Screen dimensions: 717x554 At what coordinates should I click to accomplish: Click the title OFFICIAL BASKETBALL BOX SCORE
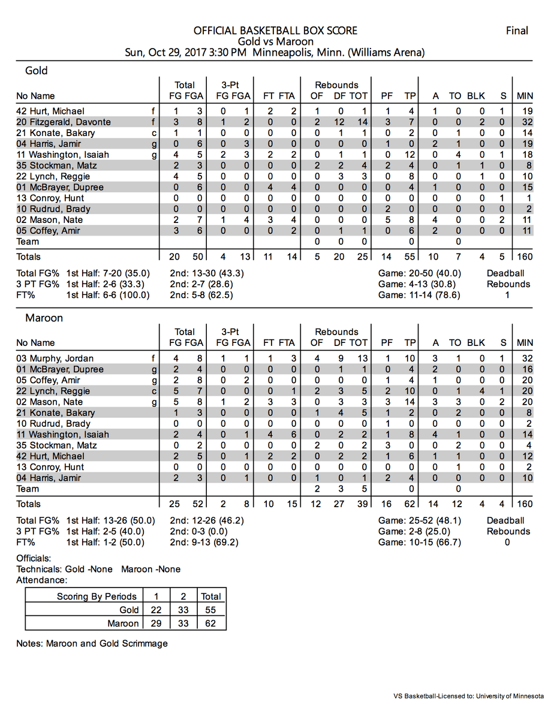coord(275,31)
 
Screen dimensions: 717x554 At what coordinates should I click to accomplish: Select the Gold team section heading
coord(36,71)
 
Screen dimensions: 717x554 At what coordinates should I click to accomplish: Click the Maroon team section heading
coord(44,318)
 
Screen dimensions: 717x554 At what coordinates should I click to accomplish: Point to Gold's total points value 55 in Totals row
coord(410,257)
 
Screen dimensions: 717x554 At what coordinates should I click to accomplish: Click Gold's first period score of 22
coord(158,610)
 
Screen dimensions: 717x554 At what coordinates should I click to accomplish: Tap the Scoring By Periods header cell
coord(97,597)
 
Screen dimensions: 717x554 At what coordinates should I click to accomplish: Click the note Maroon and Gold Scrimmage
coord(92,644)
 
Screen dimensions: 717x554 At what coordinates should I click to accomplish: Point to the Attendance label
coord(41,580)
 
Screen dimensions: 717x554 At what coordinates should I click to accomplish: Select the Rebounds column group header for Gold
coord(337,85)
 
